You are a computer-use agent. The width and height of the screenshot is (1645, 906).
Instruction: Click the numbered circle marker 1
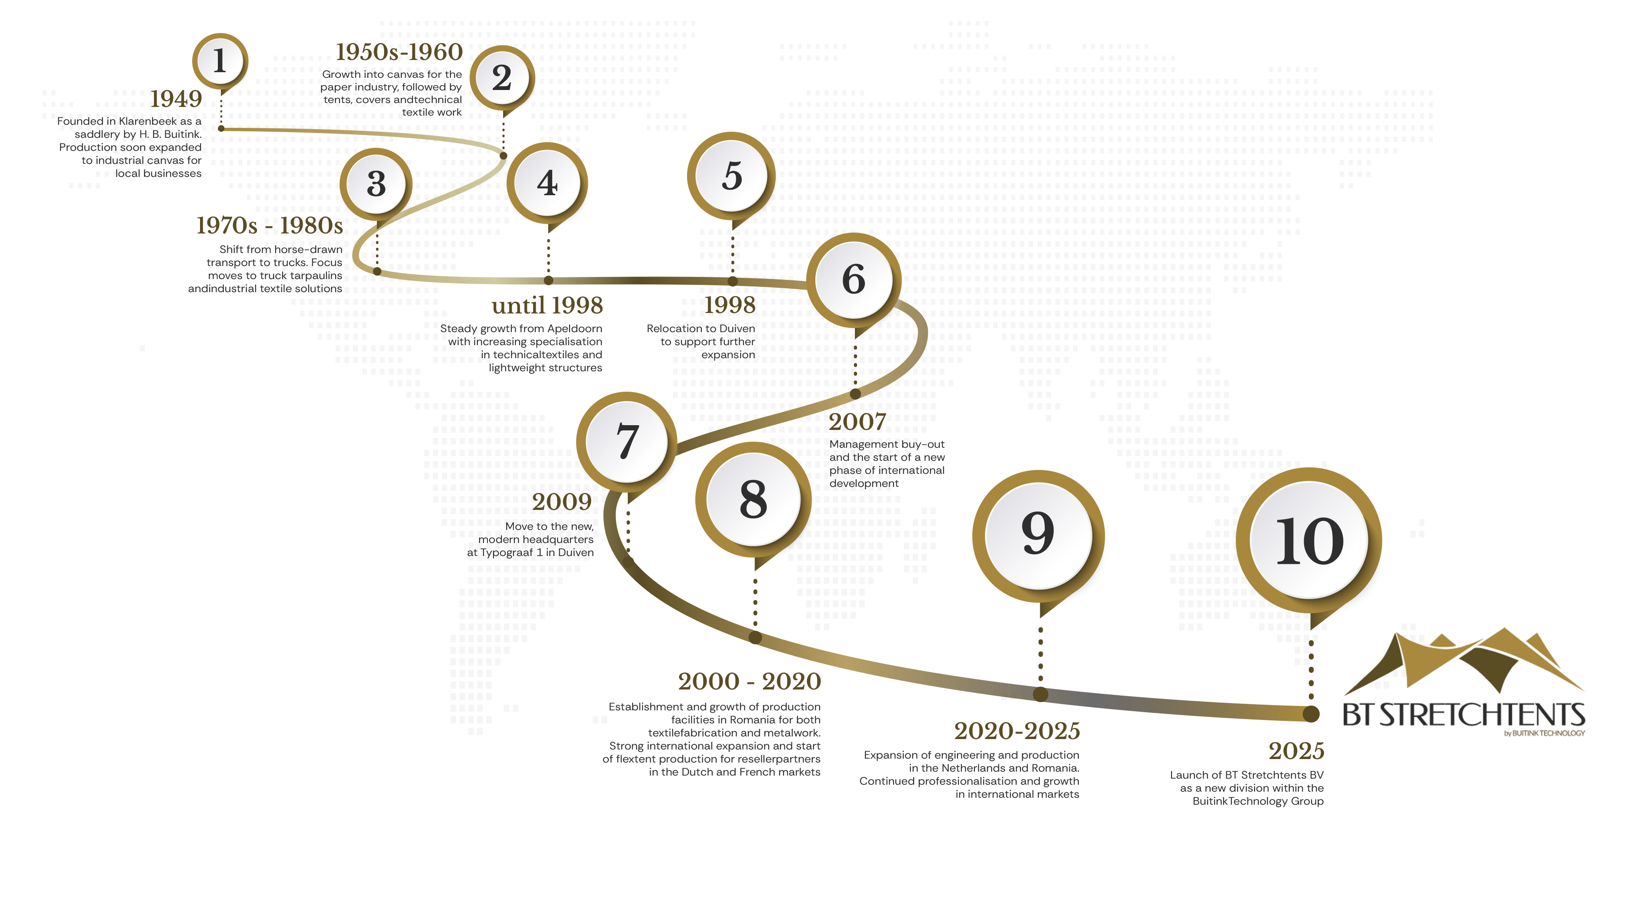pyautogui.click(x=220, y=61)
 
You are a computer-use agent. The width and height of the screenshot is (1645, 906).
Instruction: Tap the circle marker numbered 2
pyautogui.click(x=502, y=78)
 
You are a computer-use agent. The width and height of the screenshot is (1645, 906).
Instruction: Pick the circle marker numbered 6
pyautogui.click(x=853, y=279)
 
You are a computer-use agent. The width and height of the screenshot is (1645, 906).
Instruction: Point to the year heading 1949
pyautogui.click(x=176, y=99)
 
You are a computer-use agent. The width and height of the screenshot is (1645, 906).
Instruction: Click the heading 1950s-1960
pyautogui.click(x=399, y=52)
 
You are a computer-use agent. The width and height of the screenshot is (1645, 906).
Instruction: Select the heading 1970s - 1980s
pyautogui.click(x=270, y=225)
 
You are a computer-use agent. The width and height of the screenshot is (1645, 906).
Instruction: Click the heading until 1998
pyautogui.click(x=547, y=305)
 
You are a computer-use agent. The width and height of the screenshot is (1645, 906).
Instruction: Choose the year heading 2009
pyautogui.click(x=562, y=502)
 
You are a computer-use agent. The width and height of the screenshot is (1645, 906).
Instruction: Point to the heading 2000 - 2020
pyautogui.click(x=749, y=681)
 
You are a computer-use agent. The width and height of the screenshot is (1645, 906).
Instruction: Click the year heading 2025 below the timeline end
pyautogui.click(x=1296, y=751)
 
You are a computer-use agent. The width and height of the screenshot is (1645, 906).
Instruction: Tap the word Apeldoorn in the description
pyautogui.click(x=574, y=329)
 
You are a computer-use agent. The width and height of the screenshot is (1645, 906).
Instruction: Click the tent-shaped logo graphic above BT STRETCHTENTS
pyautogui.click(x=1469, y=664)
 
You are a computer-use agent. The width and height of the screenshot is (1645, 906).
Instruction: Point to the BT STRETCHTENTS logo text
pyautogui.click(x=1464, y=715)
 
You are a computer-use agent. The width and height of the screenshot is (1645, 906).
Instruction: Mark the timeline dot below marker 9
pyautogui.click(x=1040, y=694)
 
